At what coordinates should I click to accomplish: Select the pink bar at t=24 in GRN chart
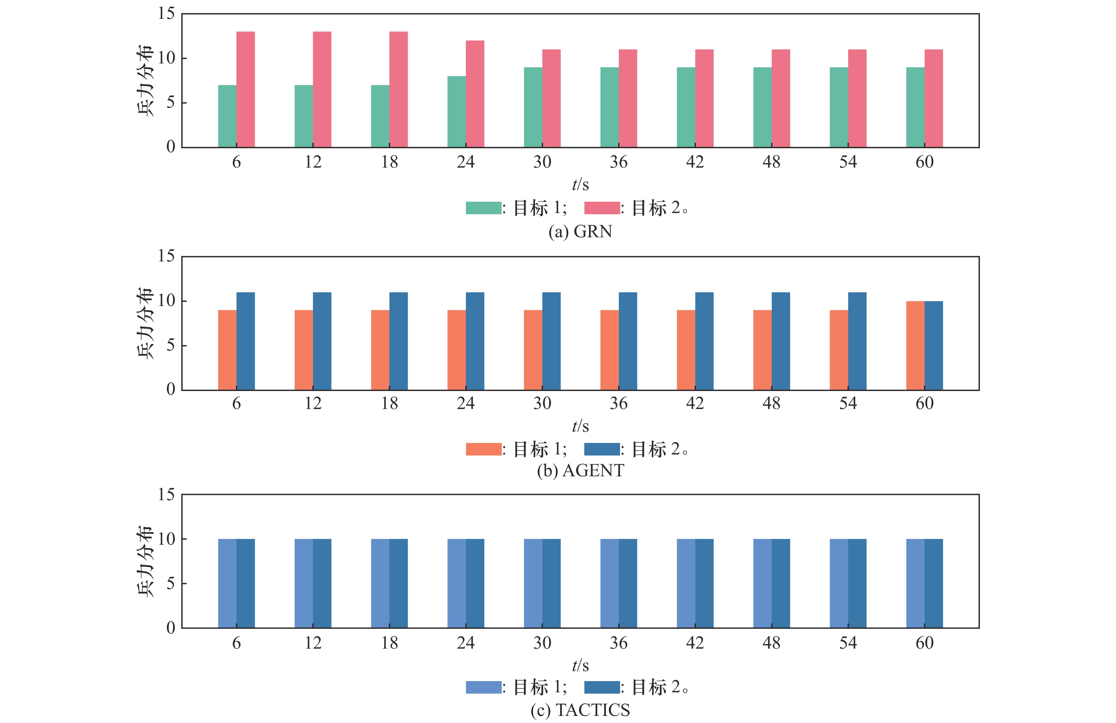475,94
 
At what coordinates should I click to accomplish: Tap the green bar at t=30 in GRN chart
533,107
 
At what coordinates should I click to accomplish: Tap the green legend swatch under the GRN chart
483,208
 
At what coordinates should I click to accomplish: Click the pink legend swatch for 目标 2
602,208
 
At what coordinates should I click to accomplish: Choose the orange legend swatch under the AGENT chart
483,449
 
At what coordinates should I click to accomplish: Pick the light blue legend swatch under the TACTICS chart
483,687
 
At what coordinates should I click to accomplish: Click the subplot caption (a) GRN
580,231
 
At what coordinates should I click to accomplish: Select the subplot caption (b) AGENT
580,470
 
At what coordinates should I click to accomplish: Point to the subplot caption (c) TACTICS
580,710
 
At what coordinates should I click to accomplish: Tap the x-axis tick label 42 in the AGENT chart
695,403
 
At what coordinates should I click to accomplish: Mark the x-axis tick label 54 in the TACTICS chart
848,643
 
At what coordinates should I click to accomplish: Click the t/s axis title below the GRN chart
580,185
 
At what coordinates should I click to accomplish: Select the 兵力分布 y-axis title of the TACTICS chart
145,561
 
